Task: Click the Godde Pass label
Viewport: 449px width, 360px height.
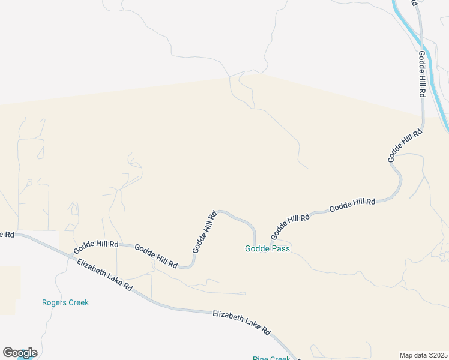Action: click(x=267, y=249)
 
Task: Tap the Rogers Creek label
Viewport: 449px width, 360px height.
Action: click(x=65, y=302)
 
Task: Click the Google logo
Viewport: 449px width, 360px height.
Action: click(x=20, y=353)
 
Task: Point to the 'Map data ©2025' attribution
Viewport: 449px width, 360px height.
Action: click(x=423, y=355)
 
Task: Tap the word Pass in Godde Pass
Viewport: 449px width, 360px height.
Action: click(x=282, y=249)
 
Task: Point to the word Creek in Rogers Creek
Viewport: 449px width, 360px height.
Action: click(x=78, y=302)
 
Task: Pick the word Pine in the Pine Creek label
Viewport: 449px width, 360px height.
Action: click(x=260, y=358)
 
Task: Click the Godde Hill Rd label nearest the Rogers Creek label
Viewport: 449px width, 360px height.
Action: click(x=96, y=246)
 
